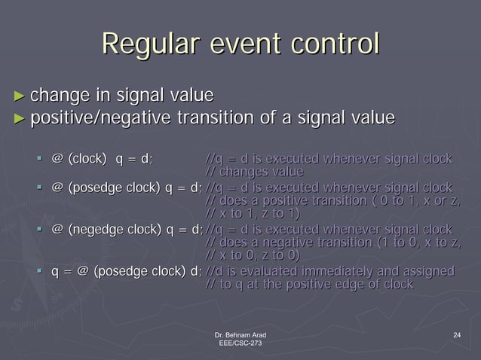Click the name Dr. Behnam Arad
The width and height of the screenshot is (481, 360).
coord(240,334)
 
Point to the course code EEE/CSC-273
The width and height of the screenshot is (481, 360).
coord(240,343)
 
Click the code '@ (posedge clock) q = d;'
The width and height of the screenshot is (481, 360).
coord(127,188)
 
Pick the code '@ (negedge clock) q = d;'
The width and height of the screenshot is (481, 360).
coord(127,229)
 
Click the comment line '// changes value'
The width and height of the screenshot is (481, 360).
coord(255,172)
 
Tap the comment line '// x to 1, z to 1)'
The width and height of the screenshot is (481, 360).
coord(256,215)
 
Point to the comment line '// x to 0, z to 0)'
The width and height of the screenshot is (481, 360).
coord(256,256)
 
